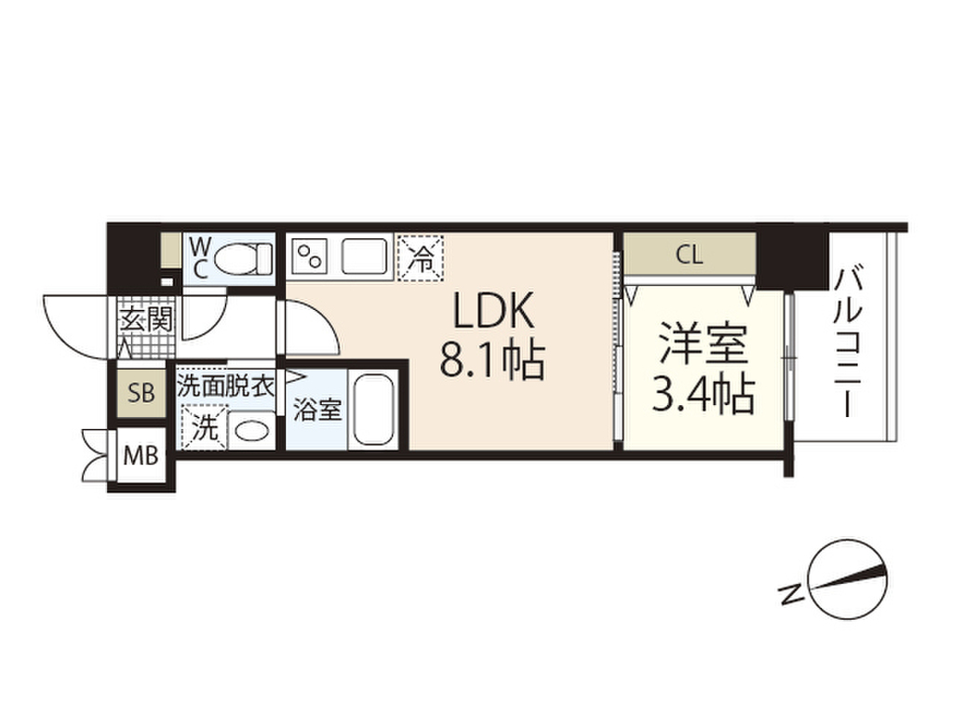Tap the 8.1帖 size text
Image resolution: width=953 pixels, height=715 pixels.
point(491,362)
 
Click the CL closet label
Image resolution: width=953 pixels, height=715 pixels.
point(690,254)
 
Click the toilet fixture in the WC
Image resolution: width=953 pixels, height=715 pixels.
point(248,258)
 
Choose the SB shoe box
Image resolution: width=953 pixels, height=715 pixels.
point(141,392)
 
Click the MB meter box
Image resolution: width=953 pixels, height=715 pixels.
point(141,456)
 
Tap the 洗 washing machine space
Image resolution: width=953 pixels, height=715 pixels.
point(204,428)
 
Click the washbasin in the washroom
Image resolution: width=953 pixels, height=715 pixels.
point(248,430)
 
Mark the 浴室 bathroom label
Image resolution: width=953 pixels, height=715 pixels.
point(317,411)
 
